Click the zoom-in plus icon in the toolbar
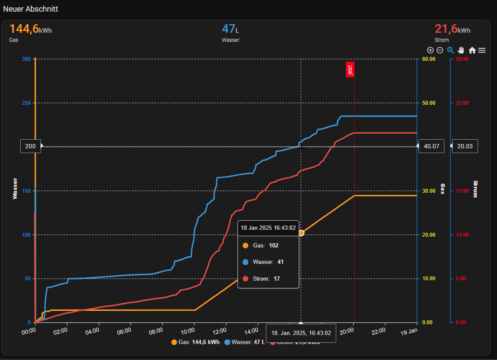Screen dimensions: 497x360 [430, 50]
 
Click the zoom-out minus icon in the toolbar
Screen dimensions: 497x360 [440, 50]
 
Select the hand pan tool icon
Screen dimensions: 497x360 [461, 50]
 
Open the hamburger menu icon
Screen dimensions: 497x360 [481, 50]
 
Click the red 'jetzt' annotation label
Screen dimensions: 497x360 [350, 69]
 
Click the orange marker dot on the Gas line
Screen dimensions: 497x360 [301, 233]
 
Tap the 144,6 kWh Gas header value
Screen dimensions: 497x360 [30, 29]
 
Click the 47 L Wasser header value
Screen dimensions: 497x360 [230, 29]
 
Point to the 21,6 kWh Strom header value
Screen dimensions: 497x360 [452, 29]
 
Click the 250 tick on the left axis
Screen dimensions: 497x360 [26, 103]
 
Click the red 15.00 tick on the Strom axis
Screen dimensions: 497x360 [462, 191]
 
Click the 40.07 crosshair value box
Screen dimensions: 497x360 [431, 146]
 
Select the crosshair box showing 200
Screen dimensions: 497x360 [31, 146]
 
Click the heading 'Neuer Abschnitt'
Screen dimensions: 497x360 [31, 9]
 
